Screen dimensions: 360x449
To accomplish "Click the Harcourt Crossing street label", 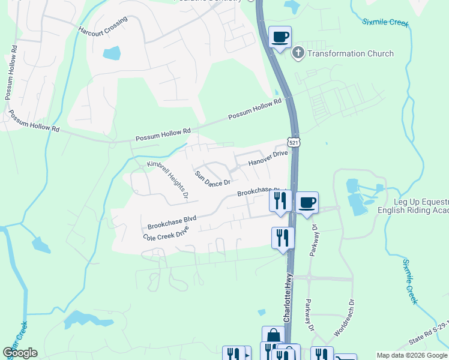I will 103,26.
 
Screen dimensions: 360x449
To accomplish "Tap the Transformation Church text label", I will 351,53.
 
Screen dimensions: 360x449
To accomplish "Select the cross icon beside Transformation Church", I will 298,53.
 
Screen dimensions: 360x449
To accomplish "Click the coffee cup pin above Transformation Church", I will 280,37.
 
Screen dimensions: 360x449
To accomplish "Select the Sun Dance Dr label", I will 212,178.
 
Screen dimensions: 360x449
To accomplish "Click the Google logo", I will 20,353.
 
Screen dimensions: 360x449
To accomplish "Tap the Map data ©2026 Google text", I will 411,355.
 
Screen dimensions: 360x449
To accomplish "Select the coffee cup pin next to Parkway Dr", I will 307,203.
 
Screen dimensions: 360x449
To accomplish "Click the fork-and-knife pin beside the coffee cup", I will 280,201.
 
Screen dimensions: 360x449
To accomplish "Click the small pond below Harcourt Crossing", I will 112,53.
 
